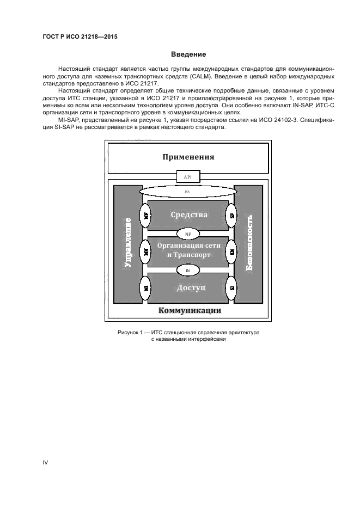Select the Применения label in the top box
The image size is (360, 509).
pos(188,157)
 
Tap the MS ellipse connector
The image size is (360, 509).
pos(187,192)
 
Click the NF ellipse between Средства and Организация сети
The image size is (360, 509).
pos(188,234)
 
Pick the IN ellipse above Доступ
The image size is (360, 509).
pos(188,269)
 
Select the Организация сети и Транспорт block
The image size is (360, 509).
pos(188,251)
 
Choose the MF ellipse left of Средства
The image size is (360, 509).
pos(146,216)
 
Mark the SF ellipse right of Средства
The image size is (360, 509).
pos(231,216)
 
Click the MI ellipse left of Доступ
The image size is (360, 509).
pos(146,287)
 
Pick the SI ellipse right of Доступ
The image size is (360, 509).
pos(231,287)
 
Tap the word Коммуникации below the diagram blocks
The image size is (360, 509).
pos(189,311)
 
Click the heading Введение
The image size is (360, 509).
pos(188,54)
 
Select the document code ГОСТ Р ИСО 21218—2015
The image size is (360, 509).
pos(80,37)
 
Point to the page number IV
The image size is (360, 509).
pos(46,462)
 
